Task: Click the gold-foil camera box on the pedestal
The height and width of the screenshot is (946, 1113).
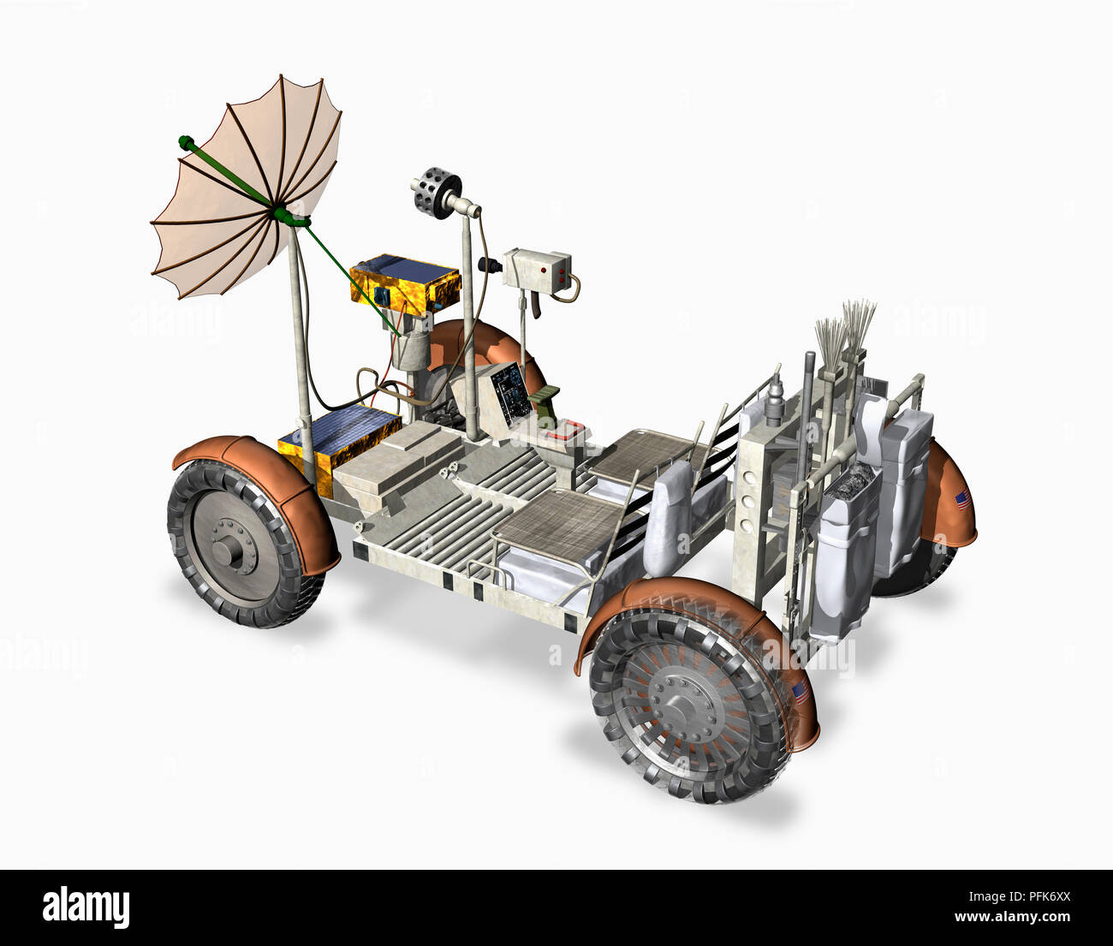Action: point(405,285)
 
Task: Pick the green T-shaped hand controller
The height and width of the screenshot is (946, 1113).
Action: point(545,396)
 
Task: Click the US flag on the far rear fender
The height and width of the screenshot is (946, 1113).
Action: point(961,500)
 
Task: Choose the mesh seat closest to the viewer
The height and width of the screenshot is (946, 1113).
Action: point(562,524)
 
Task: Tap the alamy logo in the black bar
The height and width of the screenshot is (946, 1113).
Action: point(86,907)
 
